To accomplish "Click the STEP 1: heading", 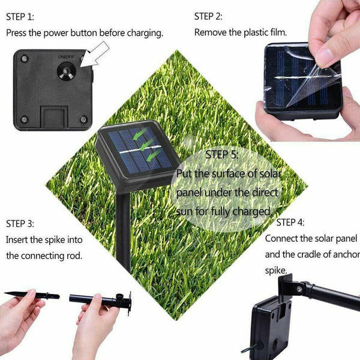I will [20, 17].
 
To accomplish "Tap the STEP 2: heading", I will [208, 16].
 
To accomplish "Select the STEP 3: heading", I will [20, 224].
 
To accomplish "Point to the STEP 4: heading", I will [290, 223].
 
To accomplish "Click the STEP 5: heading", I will [221, 155].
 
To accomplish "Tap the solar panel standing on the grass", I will [137, 151].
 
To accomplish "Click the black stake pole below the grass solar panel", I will [125, 234].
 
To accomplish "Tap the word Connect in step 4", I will [281, 238].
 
